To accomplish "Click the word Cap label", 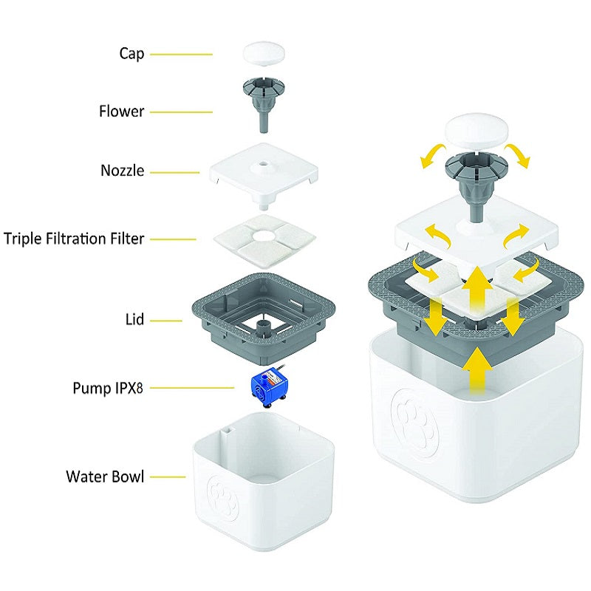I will pos(131,54).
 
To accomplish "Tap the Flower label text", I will pos(122,112).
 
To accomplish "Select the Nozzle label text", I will pos(123,171).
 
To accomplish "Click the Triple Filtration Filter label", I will pos(74,239).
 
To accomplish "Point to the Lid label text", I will pos(135,320).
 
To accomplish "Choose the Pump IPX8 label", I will pos(108,387).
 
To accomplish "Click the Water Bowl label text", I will pos(104,476).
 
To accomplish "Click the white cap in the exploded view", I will pos(264,54).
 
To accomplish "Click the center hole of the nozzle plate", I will pos(264,167).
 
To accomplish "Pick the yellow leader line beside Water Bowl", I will pos(168,476).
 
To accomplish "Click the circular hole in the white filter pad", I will pos(264,236).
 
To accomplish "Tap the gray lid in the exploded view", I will pos(222,310).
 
